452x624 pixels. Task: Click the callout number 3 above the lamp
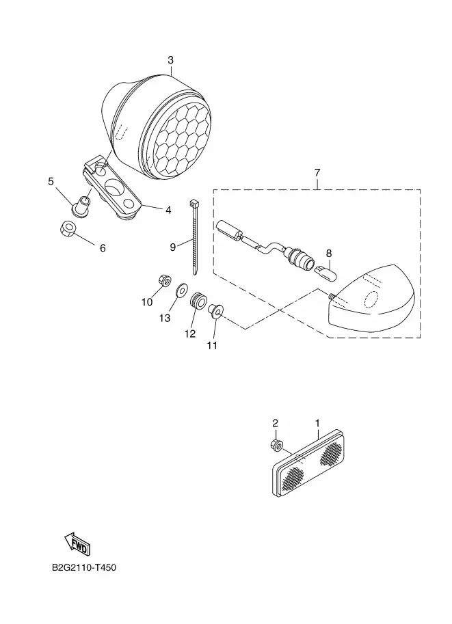[170, 60]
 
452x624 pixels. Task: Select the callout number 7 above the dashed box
[317, 173]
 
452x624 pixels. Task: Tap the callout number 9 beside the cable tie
[173, 247]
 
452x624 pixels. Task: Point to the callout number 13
[165, 318]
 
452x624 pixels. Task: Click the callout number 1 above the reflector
[317, 422]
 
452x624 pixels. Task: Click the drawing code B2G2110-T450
[84, 567]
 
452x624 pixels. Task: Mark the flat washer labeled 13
[182, 290]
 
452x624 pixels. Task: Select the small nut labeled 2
[276, 444]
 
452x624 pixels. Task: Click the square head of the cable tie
[194, 203]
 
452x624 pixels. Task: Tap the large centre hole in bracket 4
[116, 187]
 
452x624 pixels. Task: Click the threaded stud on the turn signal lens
[331, 296]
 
